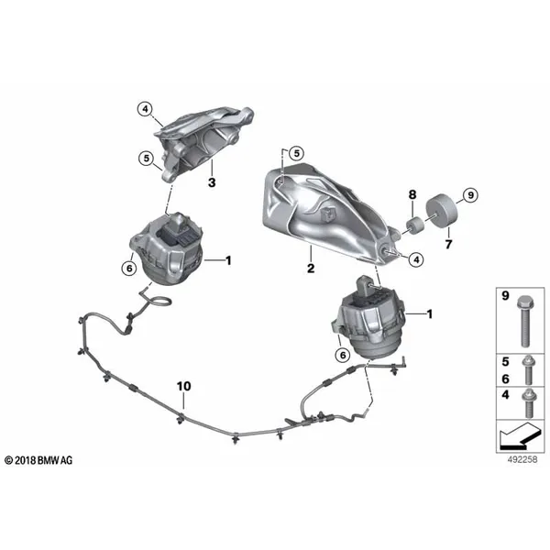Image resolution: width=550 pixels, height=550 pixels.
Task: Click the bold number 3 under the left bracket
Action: (212, 182)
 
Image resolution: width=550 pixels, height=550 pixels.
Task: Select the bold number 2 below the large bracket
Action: (311, 269)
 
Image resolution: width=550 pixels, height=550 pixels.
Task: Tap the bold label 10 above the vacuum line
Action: (184, 386)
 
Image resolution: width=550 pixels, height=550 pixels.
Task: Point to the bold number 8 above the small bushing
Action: (412, 194)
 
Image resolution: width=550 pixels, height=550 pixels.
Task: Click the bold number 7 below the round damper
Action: (448, 244)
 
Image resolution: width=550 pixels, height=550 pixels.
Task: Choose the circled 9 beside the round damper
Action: (470, 195)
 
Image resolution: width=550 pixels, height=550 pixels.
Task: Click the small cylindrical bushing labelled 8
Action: (415, 225)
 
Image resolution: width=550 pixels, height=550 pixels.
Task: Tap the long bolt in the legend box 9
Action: (524, 321)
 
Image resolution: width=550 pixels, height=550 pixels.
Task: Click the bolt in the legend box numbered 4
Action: (527, 403)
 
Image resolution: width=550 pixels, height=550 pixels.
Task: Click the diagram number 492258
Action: (522, 459)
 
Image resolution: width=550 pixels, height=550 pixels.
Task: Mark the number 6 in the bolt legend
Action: (505, 379)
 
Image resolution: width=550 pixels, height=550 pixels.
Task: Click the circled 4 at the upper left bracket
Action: (145, 109)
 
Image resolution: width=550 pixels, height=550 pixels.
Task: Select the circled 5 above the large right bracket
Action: (297, 153)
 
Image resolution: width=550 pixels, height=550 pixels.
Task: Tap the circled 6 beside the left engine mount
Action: (129, 269)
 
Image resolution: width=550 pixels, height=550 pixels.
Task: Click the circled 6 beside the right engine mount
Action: (342, 356)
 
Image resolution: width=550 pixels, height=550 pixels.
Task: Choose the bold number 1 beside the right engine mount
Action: (429, 313)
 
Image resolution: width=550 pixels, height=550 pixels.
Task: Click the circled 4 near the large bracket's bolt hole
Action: (416, 259)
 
